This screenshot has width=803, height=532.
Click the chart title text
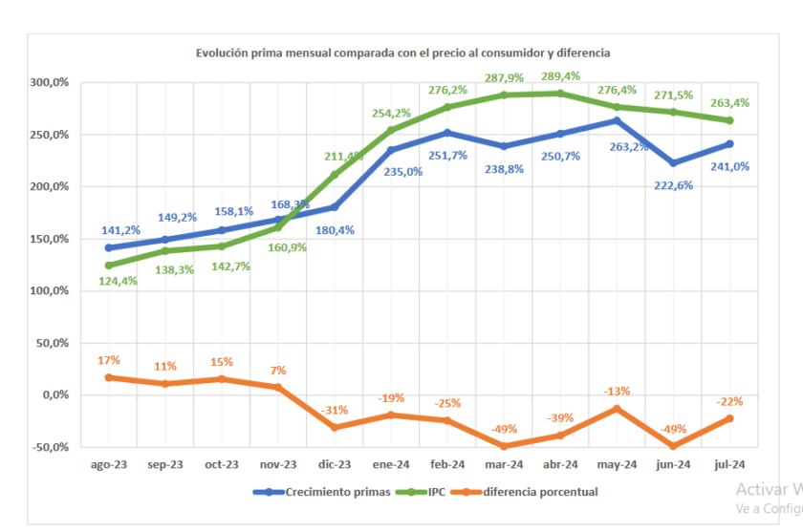click(x=402, y=53)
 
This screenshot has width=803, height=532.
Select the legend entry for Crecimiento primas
click(x=324, y=493)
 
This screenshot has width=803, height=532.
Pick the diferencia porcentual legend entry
click(x=537, y=493)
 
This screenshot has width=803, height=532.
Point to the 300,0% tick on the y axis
click(x=49, y=83)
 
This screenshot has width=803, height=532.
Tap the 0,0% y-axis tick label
click(x=54, y=394)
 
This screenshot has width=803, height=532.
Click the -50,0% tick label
click(x=50, y=447)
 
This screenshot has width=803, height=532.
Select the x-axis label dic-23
click(x=335, y=464)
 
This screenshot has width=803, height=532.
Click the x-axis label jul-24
click(x=729, y=464)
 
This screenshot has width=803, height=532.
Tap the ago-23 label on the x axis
click(x=108, y=464)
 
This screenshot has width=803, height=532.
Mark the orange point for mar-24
click(x=504, y=446)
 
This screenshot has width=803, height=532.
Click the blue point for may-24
click(x=617, y=120)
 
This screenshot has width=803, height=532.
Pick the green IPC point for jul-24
click(x=729, y=120)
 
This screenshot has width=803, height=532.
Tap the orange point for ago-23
click(x=108, y=377)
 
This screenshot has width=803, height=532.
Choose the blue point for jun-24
click(x=673, y=163)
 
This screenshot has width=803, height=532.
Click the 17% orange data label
click(x=108, y=360)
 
